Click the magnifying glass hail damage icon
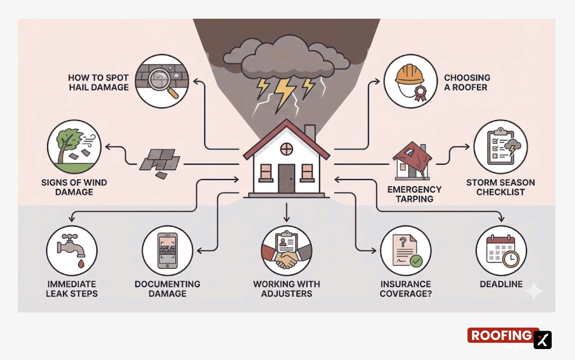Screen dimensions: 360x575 (x=162, y=81)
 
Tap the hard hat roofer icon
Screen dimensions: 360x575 (x=410, y=81)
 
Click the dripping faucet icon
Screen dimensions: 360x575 (x=72, y=251)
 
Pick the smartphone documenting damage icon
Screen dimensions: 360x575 (x=168, y=251)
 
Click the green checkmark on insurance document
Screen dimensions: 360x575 (x=416, y=261)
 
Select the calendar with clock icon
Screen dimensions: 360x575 (x=501, y=251)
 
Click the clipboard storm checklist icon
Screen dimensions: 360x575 (x=501, y=146)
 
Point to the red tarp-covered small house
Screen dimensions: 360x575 (x=412, y=161)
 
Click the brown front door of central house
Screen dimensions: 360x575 (x=286, y=178)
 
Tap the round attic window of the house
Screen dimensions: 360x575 (x=286, y=149)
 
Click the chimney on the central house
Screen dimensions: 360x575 (x=310, y=132)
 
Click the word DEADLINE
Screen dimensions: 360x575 (x=501, y=284)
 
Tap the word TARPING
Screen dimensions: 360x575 (x=414, y=199)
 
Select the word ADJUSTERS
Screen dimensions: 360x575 (x=286, y=294)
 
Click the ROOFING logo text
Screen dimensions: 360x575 (x=501, y=335)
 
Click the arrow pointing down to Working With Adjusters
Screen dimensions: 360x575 (x=286, y=214)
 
